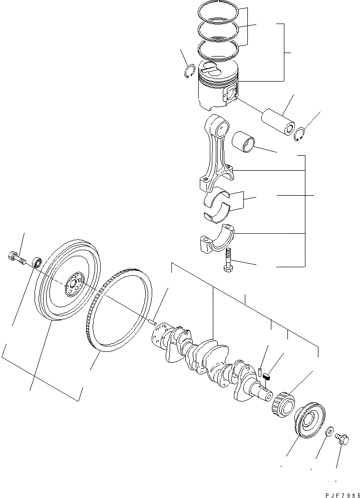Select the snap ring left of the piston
pos(189,72)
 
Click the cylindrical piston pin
pos(278,123)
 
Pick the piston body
pos(217,90)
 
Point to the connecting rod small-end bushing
pos(245,140)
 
